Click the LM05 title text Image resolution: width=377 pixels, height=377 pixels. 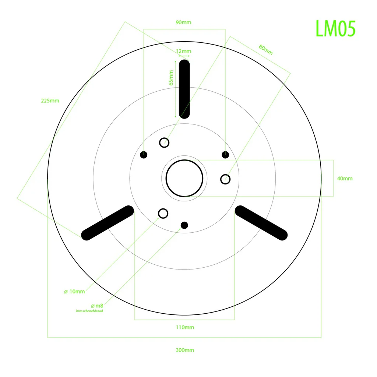tap(335, 29)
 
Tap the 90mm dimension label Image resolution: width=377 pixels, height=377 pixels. tap(183, 22)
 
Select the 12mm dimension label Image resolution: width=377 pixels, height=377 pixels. tap(183, 51)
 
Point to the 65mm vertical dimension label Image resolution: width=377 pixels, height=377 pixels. tap(171, 78)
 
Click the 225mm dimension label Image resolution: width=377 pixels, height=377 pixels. tap(50, 101)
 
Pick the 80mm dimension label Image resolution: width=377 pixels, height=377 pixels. tap(266, 50)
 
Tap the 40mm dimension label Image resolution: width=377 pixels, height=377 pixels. tap(345, 179)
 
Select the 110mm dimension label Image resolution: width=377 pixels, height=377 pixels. tap(185, 327)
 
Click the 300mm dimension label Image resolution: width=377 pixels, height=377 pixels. tap(185, 350)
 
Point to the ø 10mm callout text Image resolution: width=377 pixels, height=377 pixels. tap(74, 292)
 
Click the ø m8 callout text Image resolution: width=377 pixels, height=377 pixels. tap(97, 306)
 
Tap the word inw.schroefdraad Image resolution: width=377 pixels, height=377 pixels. tap(89, 311)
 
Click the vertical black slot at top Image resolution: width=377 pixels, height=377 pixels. tap(184, 89)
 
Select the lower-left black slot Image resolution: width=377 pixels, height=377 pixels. tap(108, 223)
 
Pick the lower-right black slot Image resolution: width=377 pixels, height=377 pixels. tap(261, 223)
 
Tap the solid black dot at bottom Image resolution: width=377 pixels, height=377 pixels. tap(184, 225)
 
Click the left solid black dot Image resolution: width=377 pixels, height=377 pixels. tap(144, 155)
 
